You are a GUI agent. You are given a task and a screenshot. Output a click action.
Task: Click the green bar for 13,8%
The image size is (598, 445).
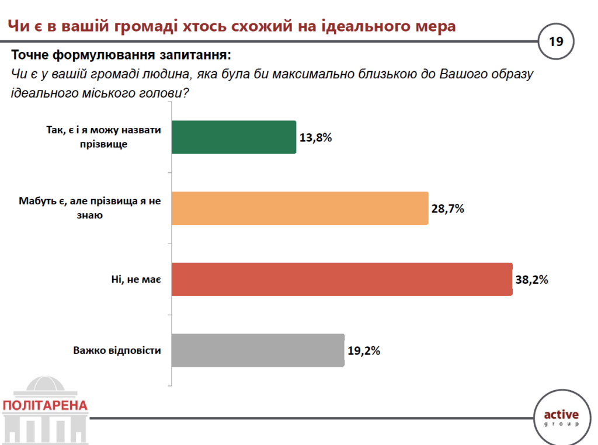[234, 137]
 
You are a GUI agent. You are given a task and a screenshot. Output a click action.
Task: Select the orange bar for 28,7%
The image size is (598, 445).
[300, 208]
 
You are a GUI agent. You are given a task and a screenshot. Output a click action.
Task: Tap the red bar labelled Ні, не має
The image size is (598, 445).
[342, 280]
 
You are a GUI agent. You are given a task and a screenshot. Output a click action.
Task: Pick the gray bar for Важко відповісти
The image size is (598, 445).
[258, 350]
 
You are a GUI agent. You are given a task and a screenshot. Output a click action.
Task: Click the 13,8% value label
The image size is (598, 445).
[315, 138]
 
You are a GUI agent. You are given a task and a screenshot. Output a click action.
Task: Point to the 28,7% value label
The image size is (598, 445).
[447, 208]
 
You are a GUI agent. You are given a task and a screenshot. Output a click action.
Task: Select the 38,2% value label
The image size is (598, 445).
[531, 280]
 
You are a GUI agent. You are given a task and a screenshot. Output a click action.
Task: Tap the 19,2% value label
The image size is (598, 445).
[364, 351]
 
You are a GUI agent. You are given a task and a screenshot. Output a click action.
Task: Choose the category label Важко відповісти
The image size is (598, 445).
[117, 351]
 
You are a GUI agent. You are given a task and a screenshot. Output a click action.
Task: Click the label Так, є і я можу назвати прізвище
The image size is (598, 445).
[103, 137]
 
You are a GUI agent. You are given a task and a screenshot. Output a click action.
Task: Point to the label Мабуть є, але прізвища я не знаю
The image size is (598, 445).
[89, 208]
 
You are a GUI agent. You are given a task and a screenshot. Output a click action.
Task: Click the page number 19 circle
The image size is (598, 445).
[555, 42]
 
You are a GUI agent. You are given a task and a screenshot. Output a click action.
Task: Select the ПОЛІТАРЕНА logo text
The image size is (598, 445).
[46, 405]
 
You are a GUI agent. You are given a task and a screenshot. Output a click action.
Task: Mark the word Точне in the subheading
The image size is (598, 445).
[30, 56]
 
